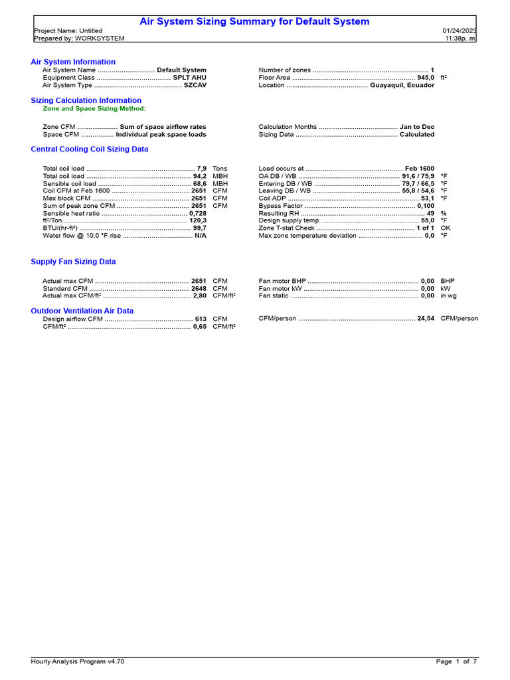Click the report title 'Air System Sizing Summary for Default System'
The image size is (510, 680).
coord(254,22)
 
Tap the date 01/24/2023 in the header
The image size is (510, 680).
coord(459,31)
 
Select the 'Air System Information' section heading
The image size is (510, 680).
coord(73,62)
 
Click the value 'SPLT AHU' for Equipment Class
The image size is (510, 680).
coord(189,78)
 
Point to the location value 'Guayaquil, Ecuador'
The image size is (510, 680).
coord(402,86)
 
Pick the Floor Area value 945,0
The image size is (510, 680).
coord(426,78)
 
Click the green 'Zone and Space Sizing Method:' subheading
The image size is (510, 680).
coord(94,108)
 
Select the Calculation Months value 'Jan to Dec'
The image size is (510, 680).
coord(417,127)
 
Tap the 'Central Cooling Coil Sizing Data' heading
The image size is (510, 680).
coord(90,149)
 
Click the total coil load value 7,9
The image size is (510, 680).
coord(202,169)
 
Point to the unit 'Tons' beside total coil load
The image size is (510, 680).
coord(220,169)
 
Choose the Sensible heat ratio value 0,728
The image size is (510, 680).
coord(197,213)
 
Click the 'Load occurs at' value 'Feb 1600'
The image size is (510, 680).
coord(420,169)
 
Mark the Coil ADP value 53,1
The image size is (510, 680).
coord(428,199)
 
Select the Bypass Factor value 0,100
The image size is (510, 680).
coord(426,206)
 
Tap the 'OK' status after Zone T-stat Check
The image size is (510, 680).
coord(446,228)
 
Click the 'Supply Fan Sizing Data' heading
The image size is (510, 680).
coord(73,262)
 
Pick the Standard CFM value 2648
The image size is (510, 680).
coord(199,289)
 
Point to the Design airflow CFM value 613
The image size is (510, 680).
coord(201,319)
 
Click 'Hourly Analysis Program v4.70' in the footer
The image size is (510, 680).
coord(78,661)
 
